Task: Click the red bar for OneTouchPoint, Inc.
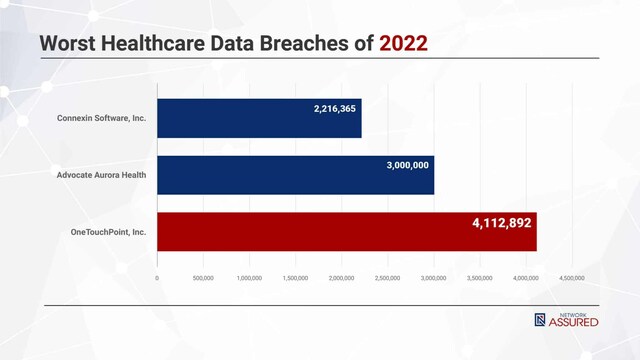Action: [346, 232]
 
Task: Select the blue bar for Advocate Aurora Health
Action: [295, 175]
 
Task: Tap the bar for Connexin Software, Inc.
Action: [259, 118]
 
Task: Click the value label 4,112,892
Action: [502, 223]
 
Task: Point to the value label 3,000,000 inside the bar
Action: [407, 165]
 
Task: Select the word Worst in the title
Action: [70, 44]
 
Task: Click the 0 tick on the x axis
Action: [157, 278]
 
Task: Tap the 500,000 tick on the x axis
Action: [203, 278]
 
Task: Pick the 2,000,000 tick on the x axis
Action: [341, 278]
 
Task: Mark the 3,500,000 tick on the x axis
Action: [480, 278]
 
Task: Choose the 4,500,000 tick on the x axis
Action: [572, 278]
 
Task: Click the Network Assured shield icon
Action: [540, 320]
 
